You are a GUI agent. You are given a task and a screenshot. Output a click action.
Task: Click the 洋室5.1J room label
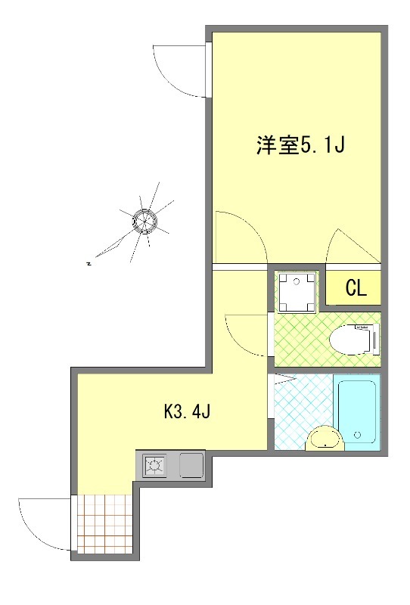(x=300, y=145)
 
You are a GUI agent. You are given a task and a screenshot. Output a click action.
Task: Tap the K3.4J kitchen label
(x=187, y=412)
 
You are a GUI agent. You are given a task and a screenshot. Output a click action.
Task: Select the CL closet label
(x=356, y=288)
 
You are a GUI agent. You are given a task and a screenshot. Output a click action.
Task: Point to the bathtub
(x=356, y=412)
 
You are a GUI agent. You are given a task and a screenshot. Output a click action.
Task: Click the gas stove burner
(x=155, y=466)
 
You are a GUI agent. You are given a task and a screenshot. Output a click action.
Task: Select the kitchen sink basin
(x=191, y=464)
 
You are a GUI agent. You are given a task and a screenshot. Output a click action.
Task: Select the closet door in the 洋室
(x=349, y=246)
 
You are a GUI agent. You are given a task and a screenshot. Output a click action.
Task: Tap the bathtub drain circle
(x=356, y=435)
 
